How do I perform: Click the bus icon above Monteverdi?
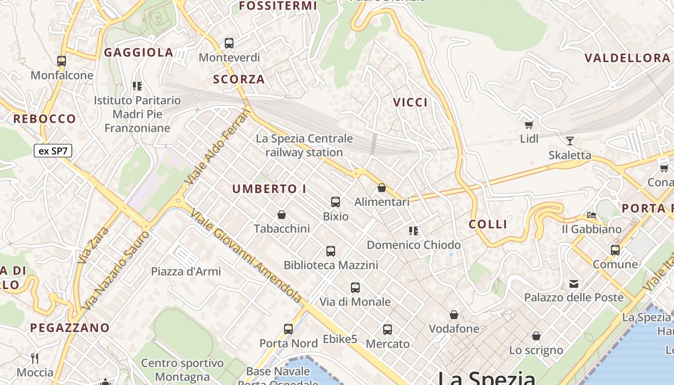coord(229,43)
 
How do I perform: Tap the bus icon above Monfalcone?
coord(62,61)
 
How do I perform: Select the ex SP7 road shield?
coord(53,151)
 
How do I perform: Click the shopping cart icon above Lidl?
coord(529,125)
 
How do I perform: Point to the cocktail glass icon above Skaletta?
coord(570,141)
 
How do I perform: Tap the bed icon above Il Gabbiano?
coord(592,215)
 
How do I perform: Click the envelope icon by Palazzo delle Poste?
coord(574,283)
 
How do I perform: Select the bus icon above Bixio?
coord(336,202)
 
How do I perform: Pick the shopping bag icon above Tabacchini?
coord(282,214)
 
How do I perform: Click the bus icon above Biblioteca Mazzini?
coord(331,251)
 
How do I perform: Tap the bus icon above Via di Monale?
coord(355,288)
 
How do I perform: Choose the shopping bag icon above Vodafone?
coord(454,315)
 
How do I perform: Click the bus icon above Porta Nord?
coord(288,329)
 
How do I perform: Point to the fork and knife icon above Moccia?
coord(35,358)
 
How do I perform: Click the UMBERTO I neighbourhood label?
coord(269,189)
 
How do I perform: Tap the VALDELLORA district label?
coord(627,58)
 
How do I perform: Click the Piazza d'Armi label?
coord(186,271)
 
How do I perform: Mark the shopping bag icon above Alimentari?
coord(382,188)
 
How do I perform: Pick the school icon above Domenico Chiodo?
coord(413,231)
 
